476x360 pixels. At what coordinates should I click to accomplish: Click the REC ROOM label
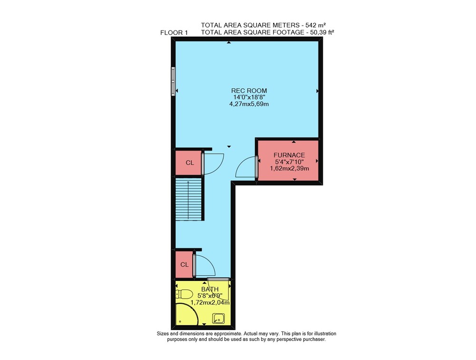point(249,90)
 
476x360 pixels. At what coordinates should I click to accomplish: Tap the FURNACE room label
point(289,155)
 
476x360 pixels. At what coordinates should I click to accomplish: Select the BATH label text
point(210,289)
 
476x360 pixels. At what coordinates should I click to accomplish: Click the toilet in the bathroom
point(184,294)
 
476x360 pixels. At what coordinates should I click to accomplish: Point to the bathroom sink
point(218,319)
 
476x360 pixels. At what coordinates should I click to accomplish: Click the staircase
point(188,199)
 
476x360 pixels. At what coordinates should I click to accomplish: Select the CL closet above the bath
point(184,264)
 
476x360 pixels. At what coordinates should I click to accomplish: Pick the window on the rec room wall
point(173,81)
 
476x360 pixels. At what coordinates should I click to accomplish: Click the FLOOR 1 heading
point(174,33)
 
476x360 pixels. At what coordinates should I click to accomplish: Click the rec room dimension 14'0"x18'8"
point(249,97)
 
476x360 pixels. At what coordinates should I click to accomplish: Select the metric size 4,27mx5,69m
point(249,104)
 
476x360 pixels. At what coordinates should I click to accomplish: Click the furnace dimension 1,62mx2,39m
point(289,168)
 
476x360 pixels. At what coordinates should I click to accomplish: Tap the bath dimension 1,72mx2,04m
point(210,302)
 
